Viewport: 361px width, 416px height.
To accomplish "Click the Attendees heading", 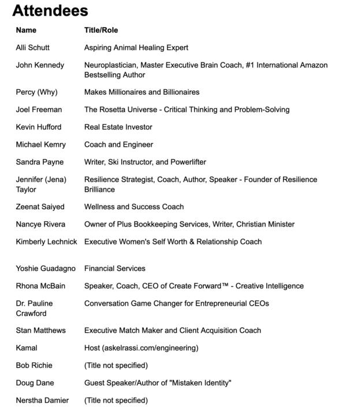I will [50, 10].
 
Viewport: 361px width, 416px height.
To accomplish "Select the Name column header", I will [26, 30].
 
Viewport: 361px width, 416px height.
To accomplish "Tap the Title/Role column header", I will [101, 30].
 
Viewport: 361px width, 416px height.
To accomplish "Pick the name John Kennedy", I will [40, 65].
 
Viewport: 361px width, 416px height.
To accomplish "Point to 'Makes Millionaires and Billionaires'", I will [142, 92].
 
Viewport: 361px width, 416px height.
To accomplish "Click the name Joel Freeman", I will [39, 109].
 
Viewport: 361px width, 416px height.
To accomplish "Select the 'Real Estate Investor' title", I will [118, 127].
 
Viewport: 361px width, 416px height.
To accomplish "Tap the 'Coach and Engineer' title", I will [118, 144].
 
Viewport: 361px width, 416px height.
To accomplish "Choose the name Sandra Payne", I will [40, 162].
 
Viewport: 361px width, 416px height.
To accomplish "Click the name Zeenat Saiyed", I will [40, 207].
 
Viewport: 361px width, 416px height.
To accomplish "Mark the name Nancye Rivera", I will [40, 224].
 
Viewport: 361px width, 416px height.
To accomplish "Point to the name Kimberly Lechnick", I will [46, 242].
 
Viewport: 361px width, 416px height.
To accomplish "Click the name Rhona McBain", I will [40, 286].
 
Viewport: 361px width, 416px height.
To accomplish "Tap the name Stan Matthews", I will [40, 330].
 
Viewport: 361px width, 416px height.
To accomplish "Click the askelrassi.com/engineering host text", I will [150, 348].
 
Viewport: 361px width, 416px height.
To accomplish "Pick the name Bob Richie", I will [34, 365].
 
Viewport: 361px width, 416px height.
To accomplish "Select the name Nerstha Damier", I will [42, 400].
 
